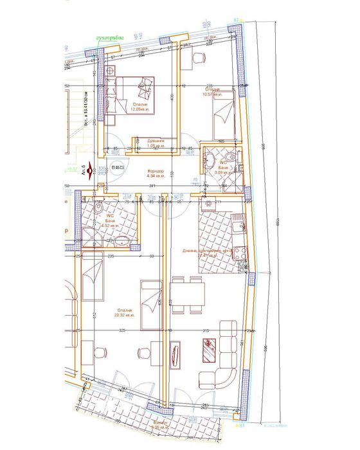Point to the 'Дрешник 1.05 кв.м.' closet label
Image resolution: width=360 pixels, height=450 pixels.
tap(156, 143)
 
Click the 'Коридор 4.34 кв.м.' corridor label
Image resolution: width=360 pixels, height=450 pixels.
tap(156, 173)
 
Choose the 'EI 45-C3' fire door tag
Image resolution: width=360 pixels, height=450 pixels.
tap(118, 167)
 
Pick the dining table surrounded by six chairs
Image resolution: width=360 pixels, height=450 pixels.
tap(187, 294)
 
